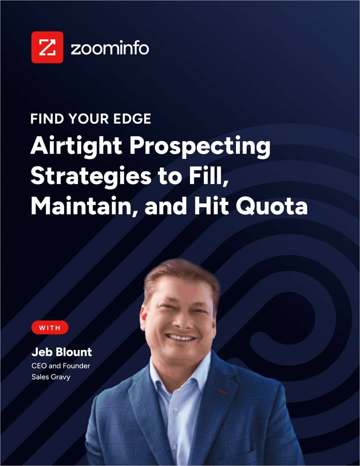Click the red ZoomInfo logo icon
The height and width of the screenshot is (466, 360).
coord(47,47)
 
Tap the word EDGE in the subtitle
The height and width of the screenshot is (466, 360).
coord(132,119)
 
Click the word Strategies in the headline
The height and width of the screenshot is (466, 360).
coord(91,177)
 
